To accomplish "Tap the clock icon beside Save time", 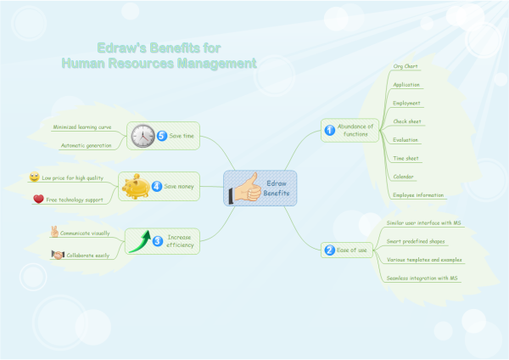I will [x=142, y=136].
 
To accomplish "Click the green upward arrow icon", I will [x=139, y=240].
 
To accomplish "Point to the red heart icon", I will [x=37, y=199].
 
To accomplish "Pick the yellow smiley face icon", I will [x=34, y=177].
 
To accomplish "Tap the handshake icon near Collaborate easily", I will [x=58, y=255].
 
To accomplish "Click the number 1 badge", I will [x=329, y=130].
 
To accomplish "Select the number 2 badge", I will [x=329, y=250].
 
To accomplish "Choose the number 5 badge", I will [x=162, y=136].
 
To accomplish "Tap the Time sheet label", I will [x=405, y=158].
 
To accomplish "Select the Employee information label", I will [x=418, y=195].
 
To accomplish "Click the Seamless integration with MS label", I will [x=422, y=278].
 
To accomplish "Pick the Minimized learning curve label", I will [x=82, y=127].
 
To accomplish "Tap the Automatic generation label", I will [x=85, y=145].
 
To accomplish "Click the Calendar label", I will [x=403, y=177].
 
